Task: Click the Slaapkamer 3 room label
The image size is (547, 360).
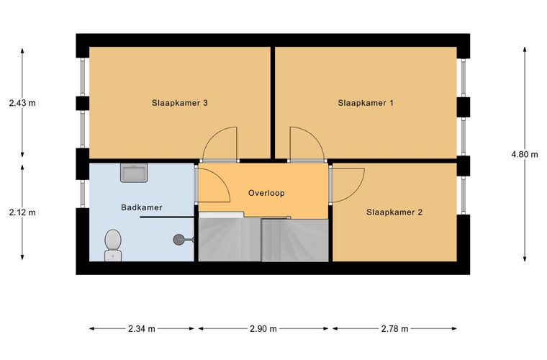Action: pyautogui.click(x=180, y=103)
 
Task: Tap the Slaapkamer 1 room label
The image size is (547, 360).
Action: pyautogui.click(x=366, y=103)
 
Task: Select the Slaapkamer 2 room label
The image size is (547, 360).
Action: pyautogui.click(x=394, y=212)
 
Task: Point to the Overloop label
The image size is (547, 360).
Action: pyautogui.click(x=266, y=193)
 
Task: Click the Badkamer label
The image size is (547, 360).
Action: pyautogui.click(x=142, y=207)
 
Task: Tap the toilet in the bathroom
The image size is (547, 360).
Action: pyautogui.click(x=113, y=245)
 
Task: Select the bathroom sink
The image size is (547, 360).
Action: pyautogui.click(x=134, y=173)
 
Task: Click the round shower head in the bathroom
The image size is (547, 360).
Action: pyautogui.click(x=178, y=239)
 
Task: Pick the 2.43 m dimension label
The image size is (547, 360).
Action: pyautogui.click(x=22, y=103)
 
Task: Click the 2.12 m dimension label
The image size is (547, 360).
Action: pyautogui.click(x=22, y=212)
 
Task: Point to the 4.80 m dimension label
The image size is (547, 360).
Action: pyautogui.click(x=525, y=154)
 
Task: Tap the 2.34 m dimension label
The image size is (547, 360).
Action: pyautogui.click(x=142, y=328)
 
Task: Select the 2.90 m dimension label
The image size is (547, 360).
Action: pyautogui.click(x=263, y=328)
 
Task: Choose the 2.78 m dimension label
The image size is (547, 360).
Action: pyautogui.click(x=394, y=328)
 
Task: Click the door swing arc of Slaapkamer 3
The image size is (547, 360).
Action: pyautogui.click(x=212, y=136)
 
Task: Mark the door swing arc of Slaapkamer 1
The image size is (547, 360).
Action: pyautogui.click(x=315, y=136)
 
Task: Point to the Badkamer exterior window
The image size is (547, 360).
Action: pyautogui.click(x=83, y=194)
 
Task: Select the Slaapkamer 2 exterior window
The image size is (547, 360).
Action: pyautogui.click(x=464, y=195)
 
